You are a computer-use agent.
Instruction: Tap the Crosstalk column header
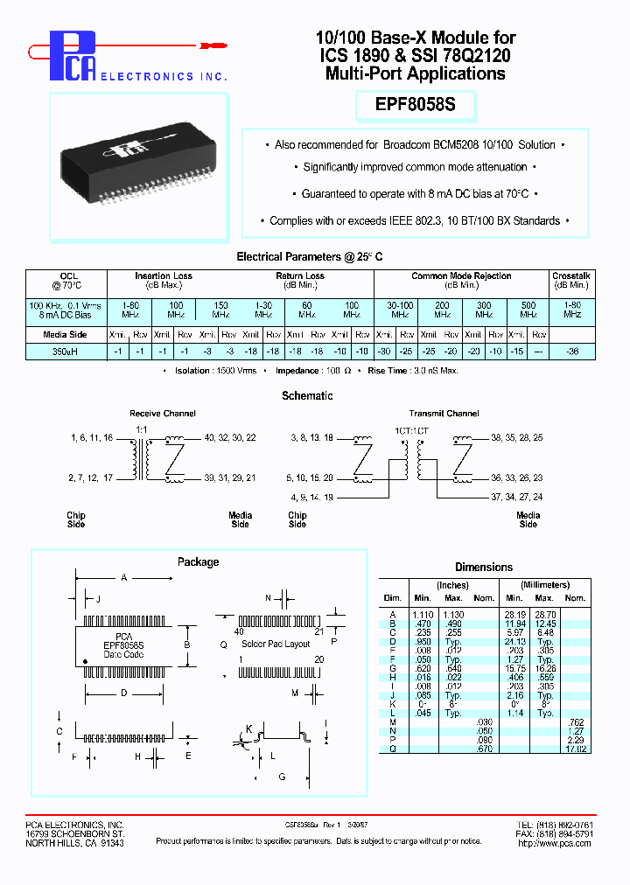tap(572, 276)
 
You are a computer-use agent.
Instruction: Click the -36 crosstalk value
tap(572, 351)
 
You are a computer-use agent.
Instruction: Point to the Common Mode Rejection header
tap(461, 276)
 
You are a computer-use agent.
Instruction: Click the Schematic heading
tap(307, 396)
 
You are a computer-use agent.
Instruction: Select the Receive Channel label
tap(163, 414)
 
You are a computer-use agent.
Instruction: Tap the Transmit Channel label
tap(444, 414)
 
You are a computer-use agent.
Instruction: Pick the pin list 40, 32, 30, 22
tap(230, 437)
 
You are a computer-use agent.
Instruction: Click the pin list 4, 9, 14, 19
tap(311, 497)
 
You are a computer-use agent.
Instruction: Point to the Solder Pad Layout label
tap(276, 644)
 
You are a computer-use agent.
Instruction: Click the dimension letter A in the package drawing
tap(123, 578)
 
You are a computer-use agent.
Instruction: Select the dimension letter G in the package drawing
tap(282, 777)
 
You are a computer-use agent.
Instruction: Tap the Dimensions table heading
tap(484, 568)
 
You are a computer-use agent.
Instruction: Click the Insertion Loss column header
tap(163, 276)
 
